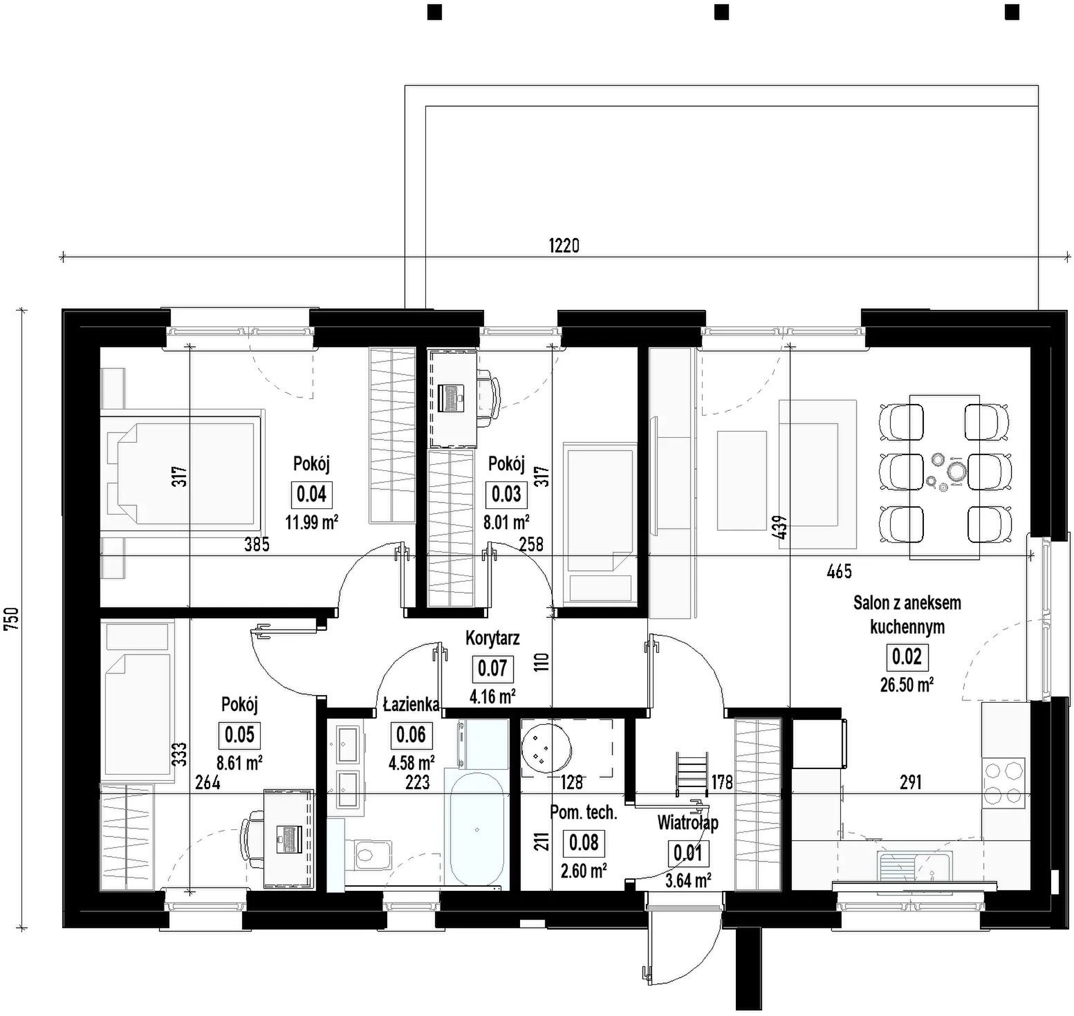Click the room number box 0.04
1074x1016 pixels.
(x=311, y=495)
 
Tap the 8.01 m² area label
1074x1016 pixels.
(x=507, y=521)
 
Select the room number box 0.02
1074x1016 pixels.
(x=907, y=656)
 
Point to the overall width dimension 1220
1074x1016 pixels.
(x=564, y=246)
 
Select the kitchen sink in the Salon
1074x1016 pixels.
(x=914, y=865)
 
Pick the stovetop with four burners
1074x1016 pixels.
(x=1003, y=782)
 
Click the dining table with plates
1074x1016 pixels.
(x=944, y=477)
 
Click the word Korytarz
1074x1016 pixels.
(x=492, y=638)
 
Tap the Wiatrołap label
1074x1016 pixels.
(x=687, y=822)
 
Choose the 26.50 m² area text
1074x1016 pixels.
(x=907, y=685)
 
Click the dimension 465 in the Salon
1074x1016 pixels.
(x=840, y=571)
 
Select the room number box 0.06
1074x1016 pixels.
(x=413, y=735)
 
